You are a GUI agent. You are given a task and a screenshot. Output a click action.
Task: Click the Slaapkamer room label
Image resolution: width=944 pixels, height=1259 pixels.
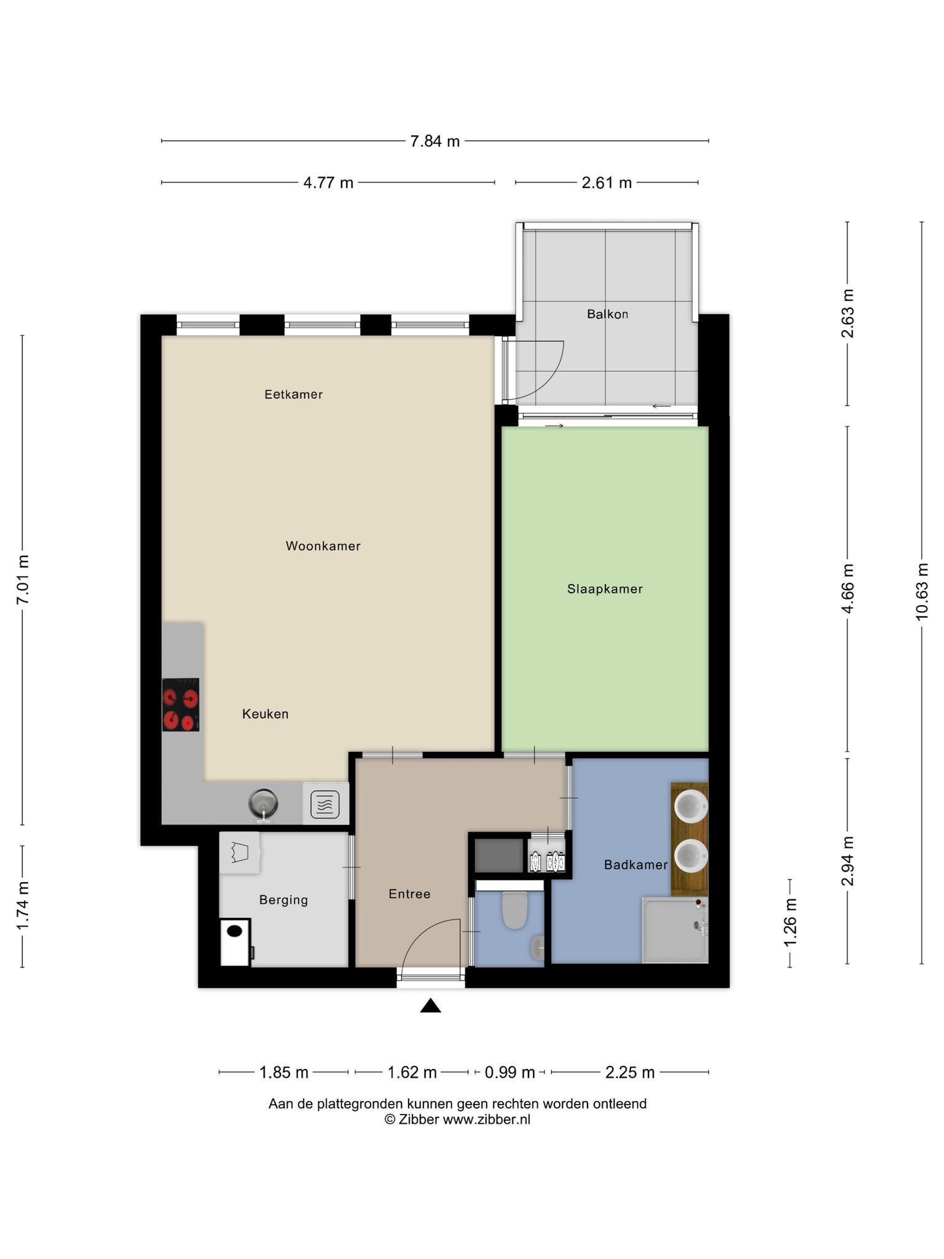(605, 589)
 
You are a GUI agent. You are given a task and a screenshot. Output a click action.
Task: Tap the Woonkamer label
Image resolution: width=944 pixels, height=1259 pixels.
(323, 546)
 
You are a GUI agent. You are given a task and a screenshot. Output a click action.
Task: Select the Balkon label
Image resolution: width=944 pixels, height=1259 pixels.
(607, 314)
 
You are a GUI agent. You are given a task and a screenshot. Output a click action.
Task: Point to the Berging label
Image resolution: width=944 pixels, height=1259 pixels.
(283, 900)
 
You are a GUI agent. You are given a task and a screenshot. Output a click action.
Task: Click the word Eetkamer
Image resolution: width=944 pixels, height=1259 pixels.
(294, 395)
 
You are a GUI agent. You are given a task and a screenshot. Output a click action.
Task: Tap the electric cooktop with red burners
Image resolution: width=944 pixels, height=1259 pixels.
(181, 704)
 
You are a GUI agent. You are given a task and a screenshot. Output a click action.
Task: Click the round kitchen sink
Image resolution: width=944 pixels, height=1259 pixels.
(264, 803)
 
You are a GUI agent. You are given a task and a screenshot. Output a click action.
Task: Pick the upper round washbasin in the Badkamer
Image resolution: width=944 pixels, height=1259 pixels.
(691, 805)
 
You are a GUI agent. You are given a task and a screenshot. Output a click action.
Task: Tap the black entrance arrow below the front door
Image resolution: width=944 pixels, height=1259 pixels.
(431, 1005)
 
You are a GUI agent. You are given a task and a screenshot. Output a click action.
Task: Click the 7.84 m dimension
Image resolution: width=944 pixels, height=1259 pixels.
(435, 141)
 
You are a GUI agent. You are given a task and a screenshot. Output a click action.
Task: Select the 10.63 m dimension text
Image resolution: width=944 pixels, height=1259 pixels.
(921, 591)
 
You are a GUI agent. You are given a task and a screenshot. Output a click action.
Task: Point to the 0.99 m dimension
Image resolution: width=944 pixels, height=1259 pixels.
(510, 1073)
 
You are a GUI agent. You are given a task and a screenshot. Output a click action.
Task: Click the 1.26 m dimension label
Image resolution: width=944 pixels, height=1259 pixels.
(790, 923)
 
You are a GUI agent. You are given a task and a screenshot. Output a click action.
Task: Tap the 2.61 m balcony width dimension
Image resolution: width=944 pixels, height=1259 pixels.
(607, 183)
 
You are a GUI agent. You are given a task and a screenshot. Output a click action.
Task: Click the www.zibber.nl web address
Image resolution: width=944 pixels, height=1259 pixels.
(487, 1119)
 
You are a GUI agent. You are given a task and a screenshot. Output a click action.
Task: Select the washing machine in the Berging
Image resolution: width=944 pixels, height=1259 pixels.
(236, 942)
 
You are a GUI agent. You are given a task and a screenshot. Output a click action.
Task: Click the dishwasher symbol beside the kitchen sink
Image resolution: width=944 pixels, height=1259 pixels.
(325, 804)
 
